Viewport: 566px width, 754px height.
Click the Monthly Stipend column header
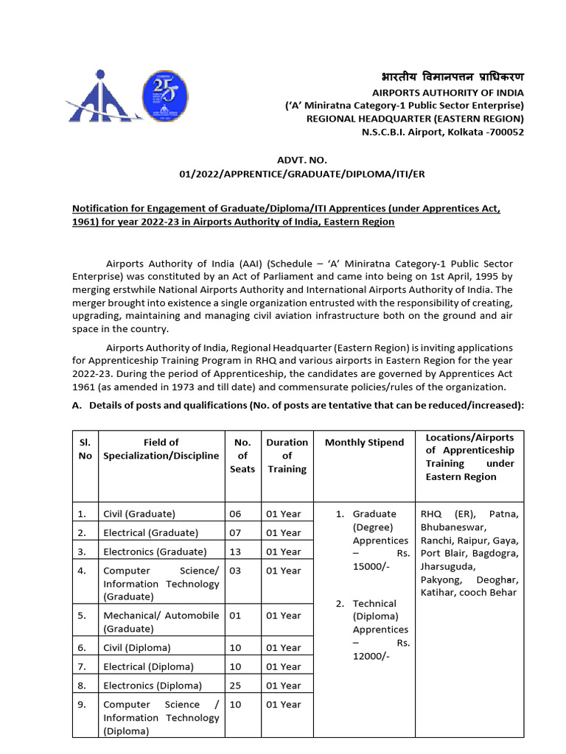[x=364, y=443]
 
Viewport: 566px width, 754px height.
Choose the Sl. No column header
[x=85, y=449]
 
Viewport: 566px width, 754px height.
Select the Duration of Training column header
[x=287, y=456]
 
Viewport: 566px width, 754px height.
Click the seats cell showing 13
[x=235, y=552]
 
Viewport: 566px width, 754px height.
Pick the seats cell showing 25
[x=235, y=686]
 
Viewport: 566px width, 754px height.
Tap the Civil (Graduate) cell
[x=139, y=514]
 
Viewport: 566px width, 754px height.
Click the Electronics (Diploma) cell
[x=152, y=686]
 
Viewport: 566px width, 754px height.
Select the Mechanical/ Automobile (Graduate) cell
[x=161, y=622]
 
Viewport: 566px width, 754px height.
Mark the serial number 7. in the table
[x=82, y=666]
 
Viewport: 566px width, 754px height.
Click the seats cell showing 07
[x=235, y=532]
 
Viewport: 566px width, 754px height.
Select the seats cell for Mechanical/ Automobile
[x=235, y=616]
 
